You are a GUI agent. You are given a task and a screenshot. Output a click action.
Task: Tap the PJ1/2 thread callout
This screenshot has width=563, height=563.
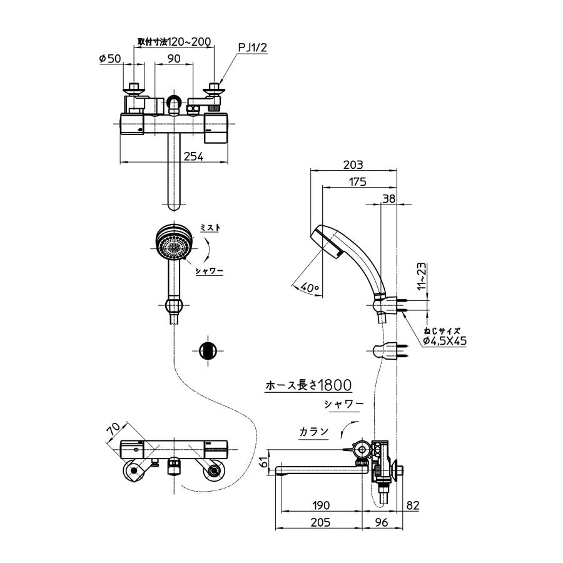coord(253,48)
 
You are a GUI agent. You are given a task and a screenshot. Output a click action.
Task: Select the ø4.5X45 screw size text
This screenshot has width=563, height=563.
coord(445,341)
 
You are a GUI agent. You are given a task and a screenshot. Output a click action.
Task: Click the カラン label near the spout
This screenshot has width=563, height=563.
coord(313,432)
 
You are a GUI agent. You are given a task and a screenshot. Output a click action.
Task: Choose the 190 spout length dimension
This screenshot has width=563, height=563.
coord(320,505)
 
